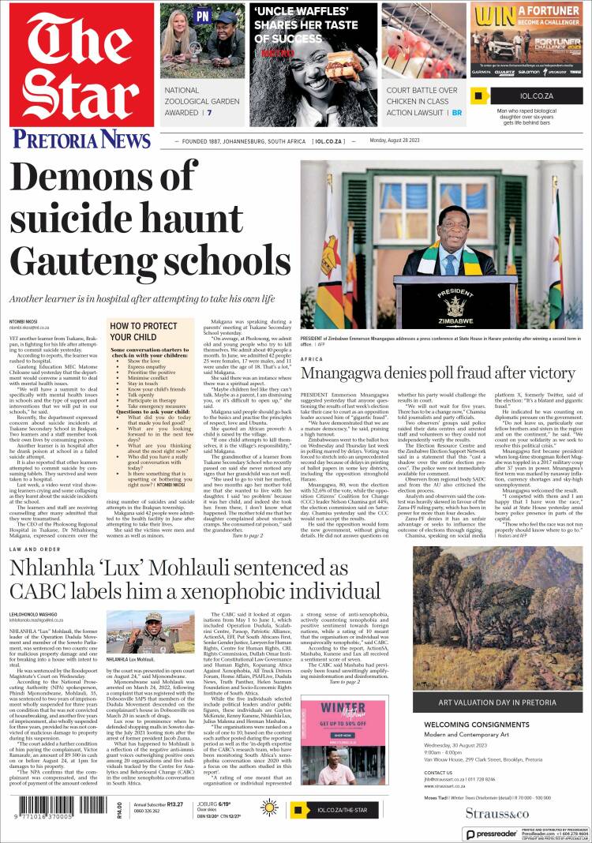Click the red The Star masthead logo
[82, 63]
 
